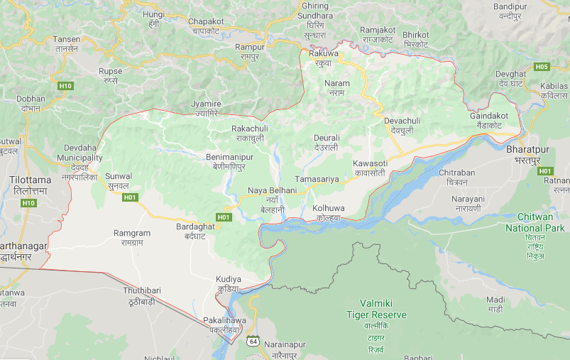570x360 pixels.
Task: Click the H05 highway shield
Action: click(x=542, y=67)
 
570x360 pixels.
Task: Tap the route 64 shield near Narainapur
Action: click(x=253, y=341)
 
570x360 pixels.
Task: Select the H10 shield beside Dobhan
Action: click(x=65, y=86)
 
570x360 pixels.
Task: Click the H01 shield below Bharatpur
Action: click(x=545, y=171)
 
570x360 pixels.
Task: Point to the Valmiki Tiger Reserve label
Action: click(x=376, y=309)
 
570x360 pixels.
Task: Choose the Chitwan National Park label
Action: click(x=535, y=223)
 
